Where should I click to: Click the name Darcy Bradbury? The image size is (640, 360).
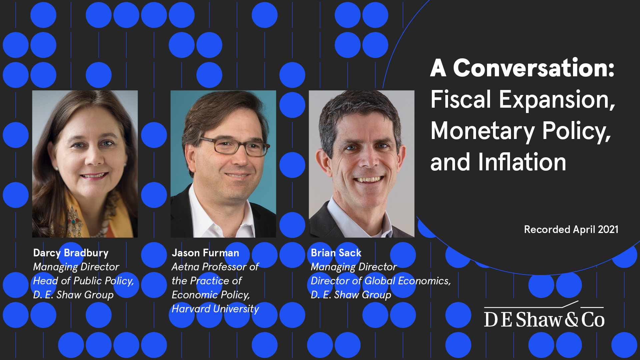tap(71, 253)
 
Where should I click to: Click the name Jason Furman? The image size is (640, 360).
tap(205, 253)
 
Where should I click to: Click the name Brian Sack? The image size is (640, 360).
tap(336, 253)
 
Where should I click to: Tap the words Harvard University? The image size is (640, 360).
tap(215, 309)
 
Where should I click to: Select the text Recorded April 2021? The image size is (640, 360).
tap(571, 229)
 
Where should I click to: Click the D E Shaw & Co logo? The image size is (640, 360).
tap(544, 317)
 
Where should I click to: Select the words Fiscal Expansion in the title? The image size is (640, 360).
tap(522, 100)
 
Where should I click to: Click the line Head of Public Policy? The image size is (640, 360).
tap(83, 281)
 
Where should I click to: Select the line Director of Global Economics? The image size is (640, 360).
tap(380, 281)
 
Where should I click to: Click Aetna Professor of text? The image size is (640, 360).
tap(215, 267)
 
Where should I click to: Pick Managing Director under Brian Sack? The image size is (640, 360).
tap(354, 267)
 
